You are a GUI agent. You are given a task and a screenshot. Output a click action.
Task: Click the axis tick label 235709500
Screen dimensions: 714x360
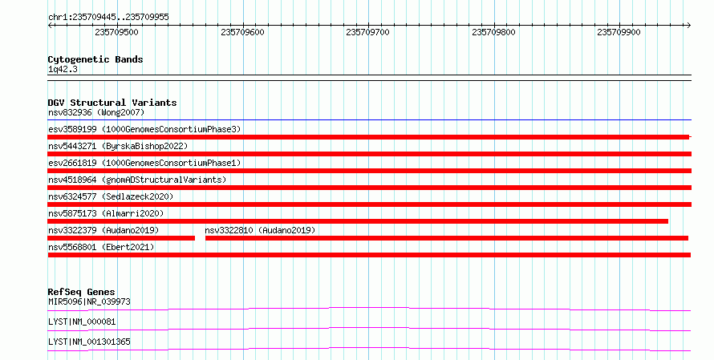coord(116,32)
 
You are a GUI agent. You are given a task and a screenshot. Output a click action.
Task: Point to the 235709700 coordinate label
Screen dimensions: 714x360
coord(367,32)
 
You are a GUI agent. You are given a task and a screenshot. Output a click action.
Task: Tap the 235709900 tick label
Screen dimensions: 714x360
coord(619,32)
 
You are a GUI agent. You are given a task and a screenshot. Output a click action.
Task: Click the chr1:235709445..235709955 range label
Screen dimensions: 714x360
coord(108,18)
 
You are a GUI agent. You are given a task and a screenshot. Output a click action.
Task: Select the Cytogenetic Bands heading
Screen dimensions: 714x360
coord(95,59)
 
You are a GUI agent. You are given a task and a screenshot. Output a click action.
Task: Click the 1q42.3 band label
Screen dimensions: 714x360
coord(63,70)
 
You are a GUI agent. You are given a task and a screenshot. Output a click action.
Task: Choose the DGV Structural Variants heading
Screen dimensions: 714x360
coord(112,103)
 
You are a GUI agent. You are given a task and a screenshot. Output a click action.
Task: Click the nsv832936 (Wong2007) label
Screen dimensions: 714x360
coord(96,112)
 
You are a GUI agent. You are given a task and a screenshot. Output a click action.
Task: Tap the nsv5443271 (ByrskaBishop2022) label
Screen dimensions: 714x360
coord(118,146)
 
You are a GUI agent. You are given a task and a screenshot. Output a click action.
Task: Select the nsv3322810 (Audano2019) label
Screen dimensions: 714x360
coord(260,230)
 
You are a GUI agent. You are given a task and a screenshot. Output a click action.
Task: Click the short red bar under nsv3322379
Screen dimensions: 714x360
coord(121,238)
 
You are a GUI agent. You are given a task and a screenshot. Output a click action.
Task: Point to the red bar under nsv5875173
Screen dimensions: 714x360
coord(358,221)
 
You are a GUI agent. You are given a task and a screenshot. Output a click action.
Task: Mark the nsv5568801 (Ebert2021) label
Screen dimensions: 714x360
coord(101,247)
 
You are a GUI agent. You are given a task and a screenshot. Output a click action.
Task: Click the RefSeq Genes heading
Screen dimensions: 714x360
coord(82,292)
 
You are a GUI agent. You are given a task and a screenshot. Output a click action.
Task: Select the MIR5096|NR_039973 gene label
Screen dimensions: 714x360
coord(89,301)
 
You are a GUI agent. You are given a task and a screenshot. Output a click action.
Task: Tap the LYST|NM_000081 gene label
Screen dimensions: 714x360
coord(82,322)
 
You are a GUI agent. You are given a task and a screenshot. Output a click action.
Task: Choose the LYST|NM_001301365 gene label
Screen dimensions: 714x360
coord(89,342)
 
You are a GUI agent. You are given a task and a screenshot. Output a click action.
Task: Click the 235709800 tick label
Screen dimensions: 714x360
coord(493,32)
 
